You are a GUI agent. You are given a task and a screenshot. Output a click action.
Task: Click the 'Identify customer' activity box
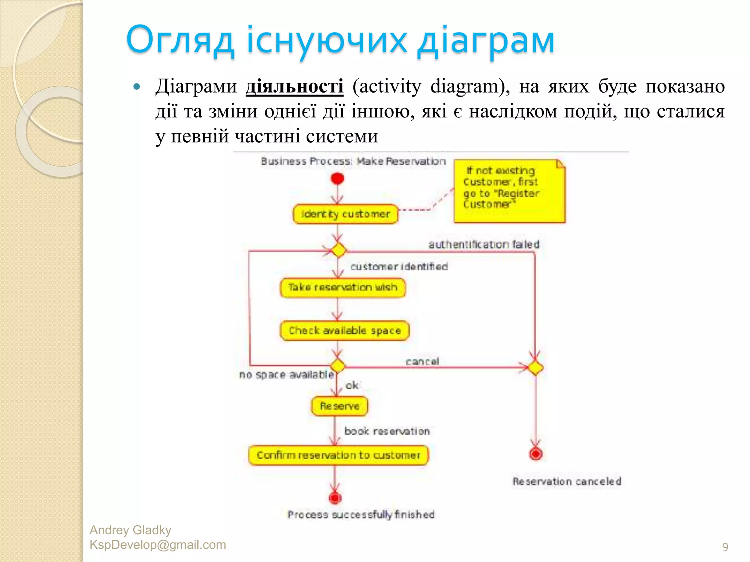pos(345,214)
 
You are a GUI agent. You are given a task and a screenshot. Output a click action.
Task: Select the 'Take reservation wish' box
pos(343,288)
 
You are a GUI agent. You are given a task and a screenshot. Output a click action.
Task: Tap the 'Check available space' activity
pos(345,331)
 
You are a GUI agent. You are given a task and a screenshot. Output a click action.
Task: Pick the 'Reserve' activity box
pos(339,406)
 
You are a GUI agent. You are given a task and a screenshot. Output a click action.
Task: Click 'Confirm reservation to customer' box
pos(338,455)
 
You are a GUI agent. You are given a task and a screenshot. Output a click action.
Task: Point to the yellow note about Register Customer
pos(509,191)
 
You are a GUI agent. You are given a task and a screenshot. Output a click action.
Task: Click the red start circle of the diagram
pos(337,179)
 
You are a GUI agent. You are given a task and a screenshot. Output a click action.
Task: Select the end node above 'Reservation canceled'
pos(536,454)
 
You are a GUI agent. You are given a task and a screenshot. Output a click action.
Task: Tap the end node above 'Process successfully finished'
pos(335,498)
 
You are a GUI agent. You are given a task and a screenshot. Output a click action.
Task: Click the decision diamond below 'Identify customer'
pos(338,251)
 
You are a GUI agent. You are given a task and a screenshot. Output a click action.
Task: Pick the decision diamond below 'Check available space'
pos(337,366)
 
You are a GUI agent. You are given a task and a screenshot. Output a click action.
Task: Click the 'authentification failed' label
pos(484,244)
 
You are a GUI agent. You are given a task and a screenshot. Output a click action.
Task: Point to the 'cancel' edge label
pos(422,361)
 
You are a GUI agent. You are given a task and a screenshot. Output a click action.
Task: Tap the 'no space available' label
pos(286,375)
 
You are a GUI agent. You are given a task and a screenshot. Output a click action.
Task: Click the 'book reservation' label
pos(387,431)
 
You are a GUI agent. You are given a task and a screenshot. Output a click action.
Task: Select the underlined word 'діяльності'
pos(294,87)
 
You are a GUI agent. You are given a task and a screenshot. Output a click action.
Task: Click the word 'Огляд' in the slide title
pos(180,40)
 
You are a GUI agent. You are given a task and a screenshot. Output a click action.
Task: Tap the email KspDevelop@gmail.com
pos(158,545)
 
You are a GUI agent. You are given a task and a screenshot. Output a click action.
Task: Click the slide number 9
pos(725,547)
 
